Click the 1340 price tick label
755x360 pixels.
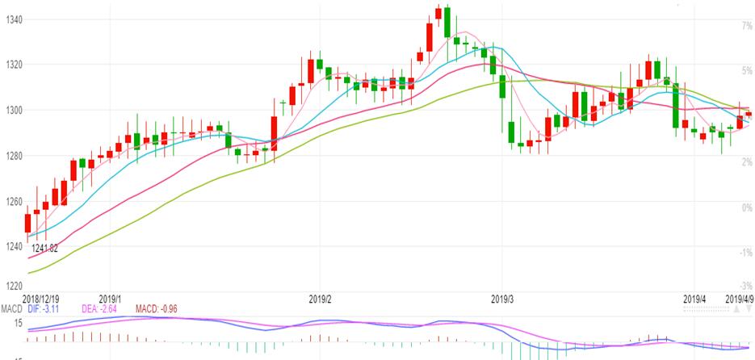pos(12,19)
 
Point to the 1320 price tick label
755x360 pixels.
pos(12,65)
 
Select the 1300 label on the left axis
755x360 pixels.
pos(12,110)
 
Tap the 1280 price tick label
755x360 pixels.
pos(12,156)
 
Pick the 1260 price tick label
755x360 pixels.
pos(12,201)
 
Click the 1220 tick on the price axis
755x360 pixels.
pos(12,287)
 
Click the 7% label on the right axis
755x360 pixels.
pos(747,26)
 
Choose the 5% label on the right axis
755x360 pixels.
pos(747,71)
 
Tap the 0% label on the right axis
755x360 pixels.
pos(747,207)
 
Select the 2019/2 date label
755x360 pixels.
pos(321,299)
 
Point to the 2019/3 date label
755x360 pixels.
pos(503,299)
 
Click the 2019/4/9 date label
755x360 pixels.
pos(739,299)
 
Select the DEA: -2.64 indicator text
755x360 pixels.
pos(100,308)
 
